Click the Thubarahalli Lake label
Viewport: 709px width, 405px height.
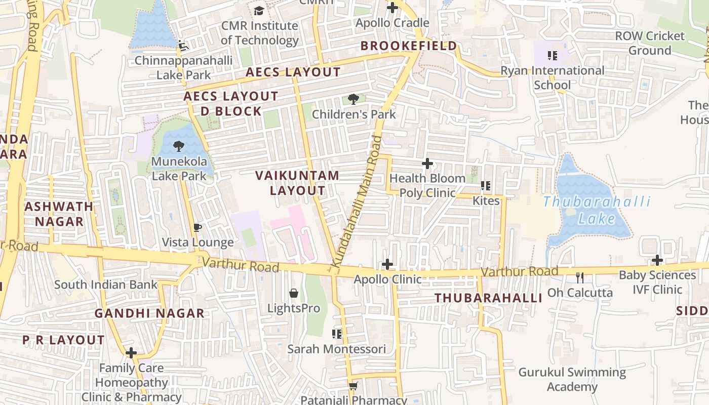597,210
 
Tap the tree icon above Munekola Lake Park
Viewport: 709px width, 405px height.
178,146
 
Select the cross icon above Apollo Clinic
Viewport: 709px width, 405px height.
387,264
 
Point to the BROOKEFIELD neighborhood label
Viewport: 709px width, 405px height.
409,46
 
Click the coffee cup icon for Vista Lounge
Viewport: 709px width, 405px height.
198,227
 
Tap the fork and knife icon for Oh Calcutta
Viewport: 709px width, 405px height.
580,277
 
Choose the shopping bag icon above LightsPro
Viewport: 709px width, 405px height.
293,293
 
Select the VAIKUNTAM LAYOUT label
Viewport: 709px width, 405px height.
297,183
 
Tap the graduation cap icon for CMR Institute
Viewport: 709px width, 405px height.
259,11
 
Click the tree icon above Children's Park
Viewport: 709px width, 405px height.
353,99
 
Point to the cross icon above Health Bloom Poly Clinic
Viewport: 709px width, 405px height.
427,164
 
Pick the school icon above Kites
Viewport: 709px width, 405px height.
486,186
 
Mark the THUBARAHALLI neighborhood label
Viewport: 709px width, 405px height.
488,298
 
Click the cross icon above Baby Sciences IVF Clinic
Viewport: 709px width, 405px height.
657,260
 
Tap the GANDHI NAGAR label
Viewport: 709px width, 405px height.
149,313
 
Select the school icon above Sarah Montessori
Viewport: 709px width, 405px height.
337,334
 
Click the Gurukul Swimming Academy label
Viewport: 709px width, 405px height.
572,380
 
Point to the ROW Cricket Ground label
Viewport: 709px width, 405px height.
650,43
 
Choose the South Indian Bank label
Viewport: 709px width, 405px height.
106,285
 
